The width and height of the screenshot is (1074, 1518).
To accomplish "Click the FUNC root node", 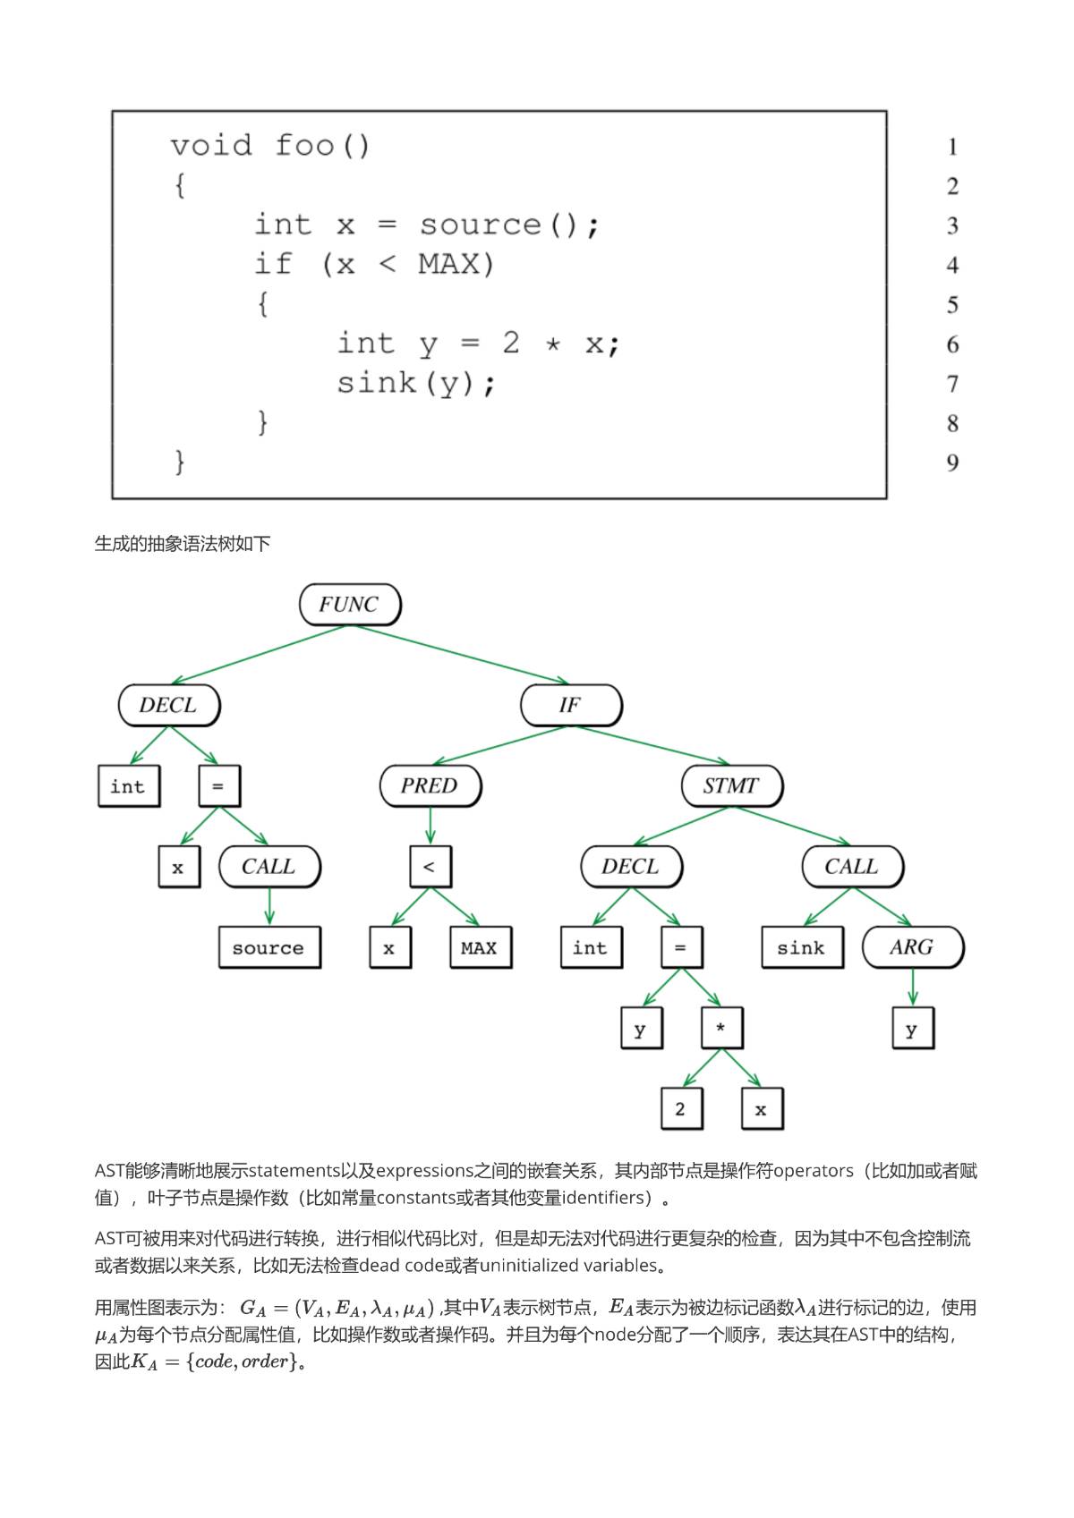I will click(349, 605).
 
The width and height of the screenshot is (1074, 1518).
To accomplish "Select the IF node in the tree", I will click(570, 705).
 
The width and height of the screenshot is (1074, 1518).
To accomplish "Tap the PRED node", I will click(430, 786).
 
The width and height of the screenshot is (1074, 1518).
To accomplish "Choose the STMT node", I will click(730, 786).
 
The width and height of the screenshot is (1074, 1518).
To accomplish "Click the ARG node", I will click(912, 947).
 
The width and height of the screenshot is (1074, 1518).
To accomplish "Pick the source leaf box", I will click(268, 947).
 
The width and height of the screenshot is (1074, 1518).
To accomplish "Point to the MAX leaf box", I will click(480, 947).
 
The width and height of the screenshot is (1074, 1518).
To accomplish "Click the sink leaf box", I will click(802, 947).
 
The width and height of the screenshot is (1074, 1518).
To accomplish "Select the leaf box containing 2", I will click(681, 1109).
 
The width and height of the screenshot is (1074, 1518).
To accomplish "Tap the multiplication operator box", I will click(721, 1028).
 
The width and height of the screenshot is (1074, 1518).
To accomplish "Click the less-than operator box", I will click(430, 866).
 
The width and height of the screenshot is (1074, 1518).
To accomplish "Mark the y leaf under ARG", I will click(912, 1029).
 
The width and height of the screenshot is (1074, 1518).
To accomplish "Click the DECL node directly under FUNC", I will click(168, 705).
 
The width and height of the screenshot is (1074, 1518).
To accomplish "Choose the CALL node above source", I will click(268, 866).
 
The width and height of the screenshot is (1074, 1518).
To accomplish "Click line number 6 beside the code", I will click(952, 344).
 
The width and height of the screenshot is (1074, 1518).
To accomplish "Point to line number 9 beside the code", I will click(952, 462).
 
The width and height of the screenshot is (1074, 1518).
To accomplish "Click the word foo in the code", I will click(304, 145).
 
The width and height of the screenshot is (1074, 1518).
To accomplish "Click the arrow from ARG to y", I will click(913, 988).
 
